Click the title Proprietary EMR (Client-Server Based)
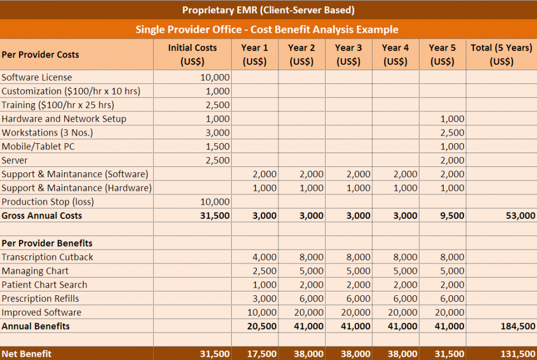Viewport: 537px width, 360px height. point(268,10)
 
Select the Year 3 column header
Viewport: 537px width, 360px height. point(348,54)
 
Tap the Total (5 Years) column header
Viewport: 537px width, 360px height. point(501,54)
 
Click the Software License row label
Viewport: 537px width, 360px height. point(37,77)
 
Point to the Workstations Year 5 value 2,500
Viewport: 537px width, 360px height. point(452,133)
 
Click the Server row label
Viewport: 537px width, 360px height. point(15,160)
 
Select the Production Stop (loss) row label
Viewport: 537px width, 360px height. point(48,202)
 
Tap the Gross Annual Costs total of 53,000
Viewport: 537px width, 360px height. point(520,216)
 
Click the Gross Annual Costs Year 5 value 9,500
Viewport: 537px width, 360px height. point(452,216)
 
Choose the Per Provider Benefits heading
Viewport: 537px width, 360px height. point(47,243)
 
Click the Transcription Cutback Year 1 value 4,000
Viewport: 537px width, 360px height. point(265,257)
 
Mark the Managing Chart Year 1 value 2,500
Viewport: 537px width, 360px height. point(265,271)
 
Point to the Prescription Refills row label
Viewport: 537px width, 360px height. point(40,299)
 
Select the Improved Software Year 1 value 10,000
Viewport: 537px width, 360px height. point(262,312)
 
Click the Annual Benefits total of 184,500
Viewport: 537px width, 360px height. point(517,326)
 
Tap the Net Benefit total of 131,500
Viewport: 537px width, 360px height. point(517,354)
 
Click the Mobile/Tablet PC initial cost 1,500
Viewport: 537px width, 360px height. point(217,147)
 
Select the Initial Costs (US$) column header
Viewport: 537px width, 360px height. point(192,54)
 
